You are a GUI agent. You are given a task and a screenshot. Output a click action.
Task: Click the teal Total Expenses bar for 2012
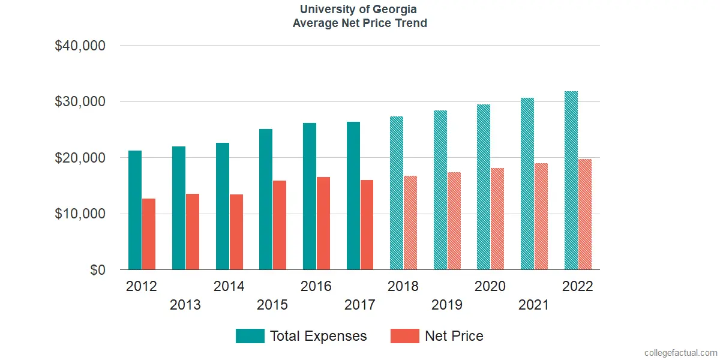point(135,210)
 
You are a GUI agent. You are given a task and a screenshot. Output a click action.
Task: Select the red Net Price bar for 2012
point(149,234)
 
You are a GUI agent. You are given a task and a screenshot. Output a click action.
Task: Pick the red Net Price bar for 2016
point(323,223)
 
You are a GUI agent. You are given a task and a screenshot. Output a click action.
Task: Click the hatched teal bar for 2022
point(571,180)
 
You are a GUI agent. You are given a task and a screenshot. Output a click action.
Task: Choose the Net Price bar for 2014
point(236,232)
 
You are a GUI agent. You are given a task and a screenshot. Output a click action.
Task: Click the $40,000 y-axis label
point(80,46)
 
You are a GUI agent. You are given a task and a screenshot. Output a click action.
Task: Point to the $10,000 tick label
point(80,214)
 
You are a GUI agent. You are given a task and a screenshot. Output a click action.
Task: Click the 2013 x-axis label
point(185,305)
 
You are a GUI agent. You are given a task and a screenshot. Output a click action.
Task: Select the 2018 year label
point(403,286)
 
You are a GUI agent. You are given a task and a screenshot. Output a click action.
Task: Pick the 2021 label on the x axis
point(534,305)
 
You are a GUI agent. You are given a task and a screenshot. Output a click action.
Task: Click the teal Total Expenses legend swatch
point(250,336)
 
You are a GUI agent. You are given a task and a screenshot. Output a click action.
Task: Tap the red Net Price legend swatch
point(404,336)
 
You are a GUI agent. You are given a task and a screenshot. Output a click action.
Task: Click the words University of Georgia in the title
point(359,10)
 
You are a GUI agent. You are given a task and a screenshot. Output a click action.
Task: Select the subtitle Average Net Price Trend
point(359,23)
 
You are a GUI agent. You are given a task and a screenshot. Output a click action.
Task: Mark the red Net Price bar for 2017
point(367,225)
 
